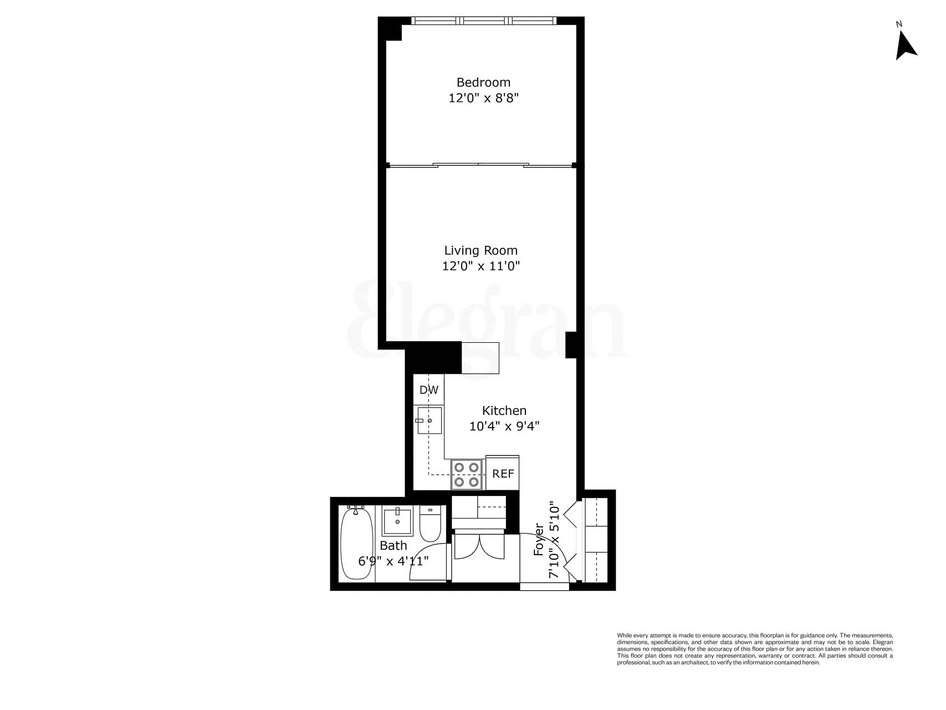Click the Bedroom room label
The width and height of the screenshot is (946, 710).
(x=483, y=82)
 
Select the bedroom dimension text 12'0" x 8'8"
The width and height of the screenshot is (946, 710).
(x=483, y=98)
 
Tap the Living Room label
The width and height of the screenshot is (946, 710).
(x=480, y=250)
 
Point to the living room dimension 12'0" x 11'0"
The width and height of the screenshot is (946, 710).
(x=480, y=266)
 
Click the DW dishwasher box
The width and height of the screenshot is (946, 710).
(x=428, y=389)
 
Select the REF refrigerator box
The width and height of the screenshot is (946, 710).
(x=503, y=474)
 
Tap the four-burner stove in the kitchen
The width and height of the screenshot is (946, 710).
(x=466, y=475)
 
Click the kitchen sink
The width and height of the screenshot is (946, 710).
(x=429, y=421)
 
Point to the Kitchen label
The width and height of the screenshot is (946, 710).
(x=504, y=410)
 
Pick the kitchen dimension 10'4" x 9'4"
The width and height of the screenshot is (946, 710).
(x=504, y=427)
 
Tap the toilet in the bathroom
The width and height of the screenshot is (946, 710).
(x=429, y=524)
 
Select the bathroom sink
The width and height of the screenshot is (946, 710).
(x=397, y=520)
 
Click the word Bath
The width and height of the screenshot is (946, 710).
(x=393, y=546)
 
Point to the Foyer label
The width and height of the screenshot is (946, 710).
(x=538, y=540)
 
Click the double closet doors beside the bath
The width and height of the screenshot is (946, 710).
(x=478, y=546)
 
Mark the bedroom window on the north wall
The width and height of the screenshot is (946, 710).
(x=484, y=21)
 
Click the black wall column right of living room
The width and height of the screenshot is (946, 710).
(x=571, y=344)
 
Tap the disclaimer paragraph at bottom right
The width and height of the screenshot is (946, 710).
(x=755, y=648)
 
